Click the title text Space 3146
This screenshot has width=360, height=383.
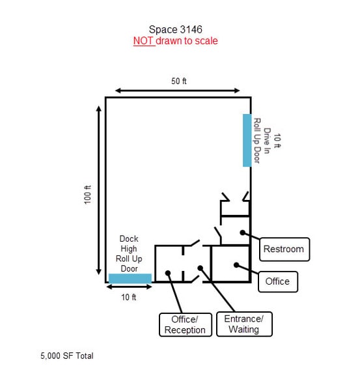pos(176,29)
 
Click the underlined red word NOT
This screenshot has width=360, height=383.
pos(143,41)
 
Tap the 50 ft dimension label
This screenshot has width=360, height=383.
pos(178,81)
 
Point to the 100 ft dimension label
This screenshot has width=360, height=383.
pos(87,195)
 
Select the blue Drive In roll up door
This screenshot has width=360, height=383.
pos(247,140)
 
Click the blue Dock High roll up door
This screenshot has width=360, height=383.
pos(130,278)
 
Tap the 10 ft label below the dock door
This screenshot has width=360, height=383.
pos(129,297)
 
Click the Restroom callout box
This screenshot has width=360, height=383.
pos(284,249)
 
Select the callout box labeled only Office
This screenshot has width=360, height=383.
pos(278,281)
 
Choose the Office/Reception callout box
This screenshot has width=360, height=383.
pos(186,324)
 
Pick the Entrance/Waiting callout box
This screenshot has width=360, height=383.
pos(244,324)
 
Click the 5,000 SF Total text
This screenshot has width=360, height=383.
pos(67,356)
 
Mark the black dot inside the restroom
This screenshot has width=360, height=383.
pos(243,233)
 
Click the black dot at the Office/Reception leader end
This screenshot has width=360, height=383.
pos(168,273)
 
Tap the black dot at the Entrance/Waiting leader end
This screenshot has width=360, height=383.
pos(200,268)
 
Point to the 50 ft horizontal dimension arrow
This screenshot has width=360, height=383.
pos(178,91)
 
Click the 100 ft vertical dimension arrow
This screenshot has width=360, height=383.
pos(98,190)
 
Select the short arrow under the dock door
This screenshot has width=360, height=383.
pos(130,287)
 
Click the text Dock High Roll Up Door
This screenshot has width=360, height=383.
pos(129,253)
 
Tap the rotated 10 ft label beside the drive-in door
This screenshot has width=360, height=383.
pos(277,141)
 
